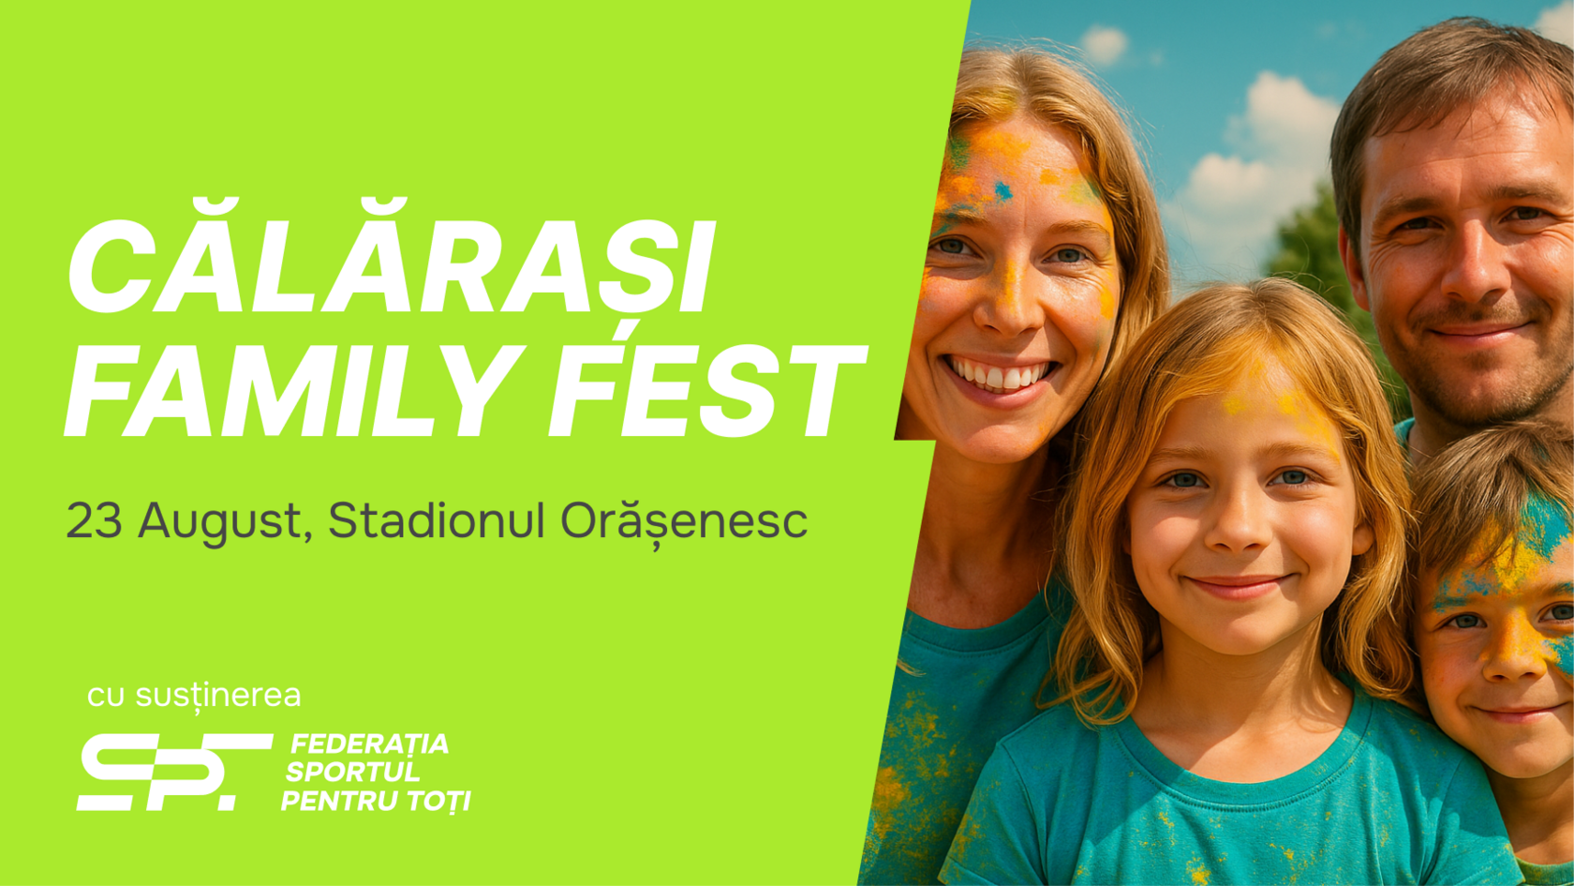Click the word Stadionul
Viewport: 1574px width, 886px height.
(x=437, y=520)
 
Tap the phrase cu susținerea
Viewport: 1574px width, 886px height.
(x=194, y=696)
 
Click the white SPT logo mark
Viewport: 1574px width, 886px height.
(x=174, y=772)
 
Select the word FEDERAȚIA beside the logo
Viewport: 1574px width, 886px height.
(x=369, y=744)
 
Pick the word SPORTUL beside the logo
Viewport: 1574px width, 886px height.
(x=352, y=772)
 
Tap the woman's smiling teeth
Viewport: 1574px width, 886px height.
(x=999, y=374)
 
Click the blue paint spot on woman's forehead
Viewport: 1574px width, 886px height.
(x=1002, y=190)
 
